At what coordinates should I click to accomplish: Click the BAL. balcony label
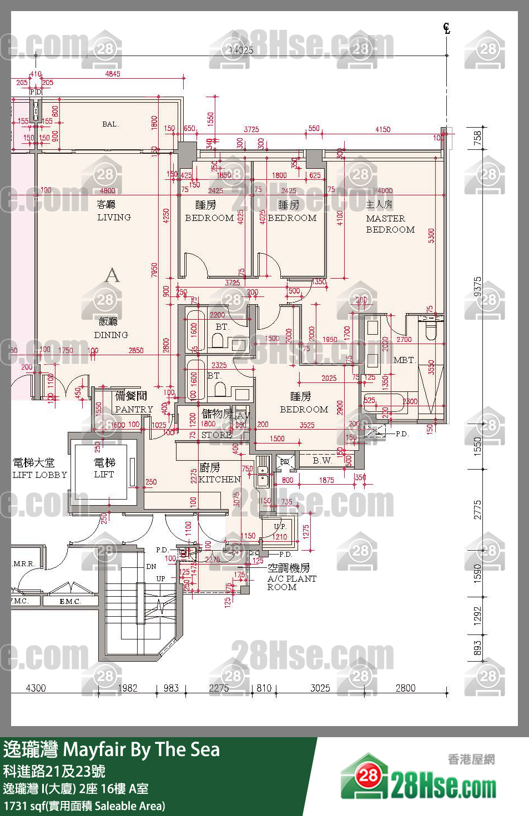click(x=110, y=124)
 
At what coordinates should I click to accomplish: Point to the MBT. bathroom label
click(x=404, y=360)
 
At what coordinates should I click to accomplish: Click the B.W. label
click(x=322, y=460)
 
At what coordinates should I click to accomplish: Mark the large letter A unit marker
click(x=112, y=275)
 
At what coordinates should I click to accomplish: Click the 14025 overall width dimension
click(x=241, y=50)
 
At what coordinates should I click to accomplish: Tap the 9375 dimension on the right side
click(x=478, y=287)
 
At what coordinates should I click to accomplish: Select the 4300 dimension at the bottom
click(x=36, y=688)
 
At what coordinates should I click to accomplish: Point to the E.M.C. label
click(x=70, y=601)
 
